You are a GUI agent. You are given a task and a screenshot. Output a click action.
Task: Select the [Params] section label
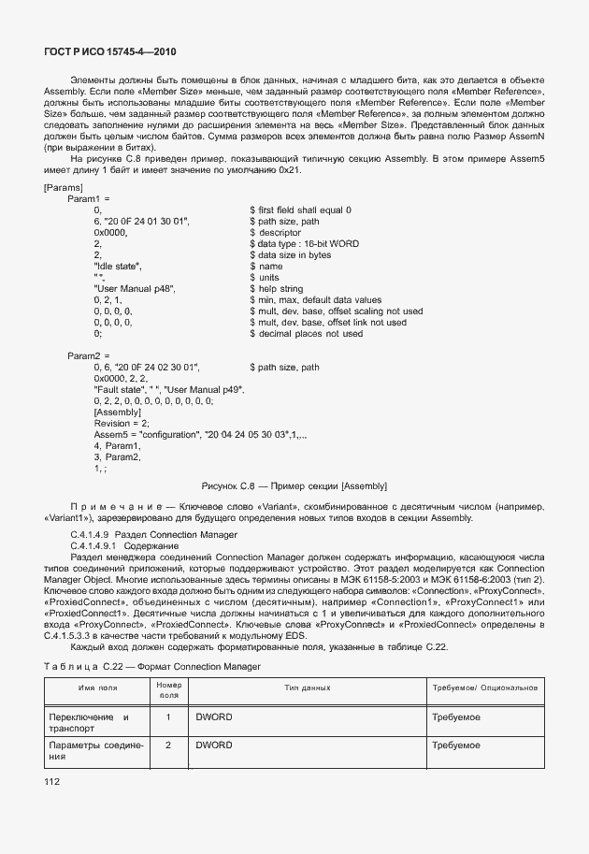[x=65, y=187]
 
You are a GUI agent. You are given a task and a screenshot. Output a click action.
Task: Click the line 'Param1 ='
[x=89, y=199]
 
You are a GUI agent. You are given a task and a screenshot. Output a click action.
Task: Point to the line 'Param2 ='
[x=89, y=356]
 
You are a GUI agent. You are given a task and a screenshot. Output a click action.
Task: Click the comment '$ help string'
[x=278, y=289]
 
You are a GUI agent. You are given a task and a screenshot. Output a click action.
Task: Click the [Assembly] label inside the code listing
[x=118, y=413]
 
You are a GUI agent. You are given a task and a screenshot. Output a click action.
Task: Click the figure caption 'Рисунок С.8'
[x=294, y=485]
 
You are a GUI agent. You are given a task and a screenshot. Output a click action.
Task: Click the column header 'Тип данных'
[x=308, y=688]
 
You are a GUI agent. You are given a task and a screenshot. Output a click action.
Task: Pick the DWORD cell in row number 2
[x=213, y=745]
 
